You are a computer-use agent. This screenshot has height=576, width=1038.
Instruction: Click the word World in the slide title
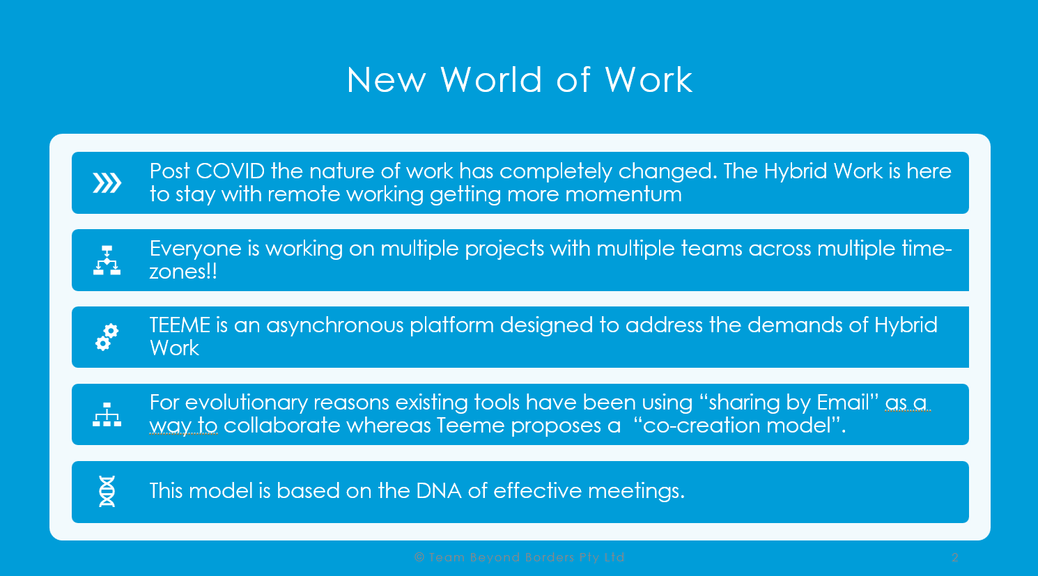coord(491,79)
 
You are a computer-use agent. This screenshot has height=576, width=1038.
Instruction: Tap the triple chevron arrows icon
coord(107,182)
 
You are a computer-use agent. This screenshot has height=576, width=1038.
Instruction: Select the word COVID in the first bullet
coord(231,171)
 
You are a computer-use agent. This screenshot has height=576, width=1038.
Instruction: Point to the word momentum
coord(623,194)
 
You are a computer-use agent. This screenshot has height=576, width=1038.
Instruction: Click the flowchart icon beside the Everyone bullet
coord(107,260)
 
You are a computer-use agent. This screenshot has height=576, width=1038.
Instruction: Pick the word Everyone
coord(196,249)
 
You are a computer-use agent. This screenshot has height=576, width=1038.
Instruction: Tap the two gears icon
coord(107,337)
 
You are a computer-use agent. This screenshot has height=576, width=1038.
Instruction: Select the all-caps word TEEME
coord(180,325)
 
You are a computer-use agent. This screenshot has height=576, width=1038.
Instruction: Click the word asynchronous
coord(335,326)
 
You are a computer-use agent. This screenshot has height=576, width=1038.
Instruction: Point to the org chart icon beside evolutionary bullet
coord(107,414)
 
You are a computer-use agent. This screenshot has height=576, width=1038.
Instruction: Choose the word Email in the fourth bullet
coord(842,403)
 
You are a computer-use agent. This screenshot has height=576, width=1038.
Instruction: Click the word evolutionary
coord(247,403)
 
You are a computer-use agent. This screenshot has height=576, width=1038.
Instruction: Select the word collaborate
coord(281,426)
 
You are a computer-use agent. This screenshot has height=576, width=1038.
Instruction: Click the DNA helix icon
coord(107,491)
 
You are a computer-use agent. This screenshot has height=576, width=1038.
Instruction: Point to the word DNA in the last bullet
coord(439,491)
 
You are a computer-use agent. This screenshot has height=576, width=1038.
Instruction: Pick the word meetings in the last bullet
coord(633,492)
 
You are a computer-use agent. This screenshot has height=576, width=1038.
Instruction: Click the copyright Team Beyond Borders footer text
coord(520,557)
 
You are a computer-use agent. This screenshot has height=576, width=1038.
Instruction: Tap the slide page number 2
coord(954,557)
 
